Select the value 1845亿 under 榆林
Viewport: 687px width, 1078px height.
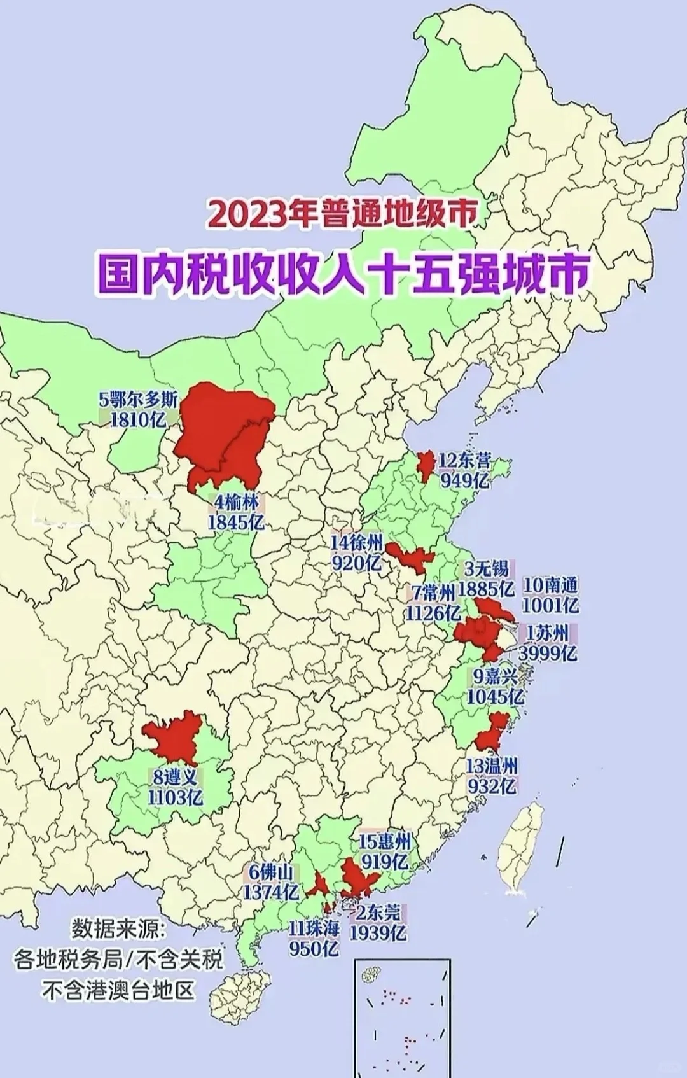click(x=235, y=522)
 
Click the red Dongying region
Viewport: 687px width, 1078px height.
click(x=424, y=465)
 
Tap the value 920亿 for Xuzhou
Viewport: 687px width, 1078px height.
click(x=356, y=563)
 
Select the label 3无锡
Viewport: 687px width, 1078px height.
click(x=487, y=568)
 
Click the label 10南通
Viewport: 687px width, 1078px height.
click(x=550, y=585)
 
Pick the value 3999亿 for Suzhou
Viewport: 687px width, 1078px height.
click(x=548, y=653)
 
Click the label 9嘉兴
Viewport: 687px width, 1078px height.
click(x=495, y=676)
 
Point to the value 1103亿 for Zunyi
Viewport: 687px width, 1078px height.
click(x=175, y=797)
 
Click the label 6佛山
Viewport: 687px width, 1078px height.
click(x=271, y=871)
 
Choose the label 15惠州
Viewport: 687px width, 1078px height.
click(x=385, y=841)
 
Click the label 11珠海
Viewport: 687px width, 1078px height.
click(x=314, y=928)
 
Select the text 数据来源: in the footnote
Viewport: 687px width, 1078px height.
click(x=118, y=928)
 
